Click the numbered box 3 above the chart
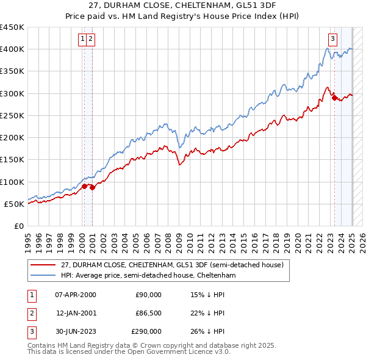332,39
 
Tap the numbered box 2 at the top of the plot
90,39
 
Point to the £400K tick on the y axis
12,49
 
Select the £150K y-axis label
12,160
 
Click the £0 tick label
19,226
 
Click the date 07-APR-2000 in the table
76,295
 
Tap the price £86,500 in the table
147,313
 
